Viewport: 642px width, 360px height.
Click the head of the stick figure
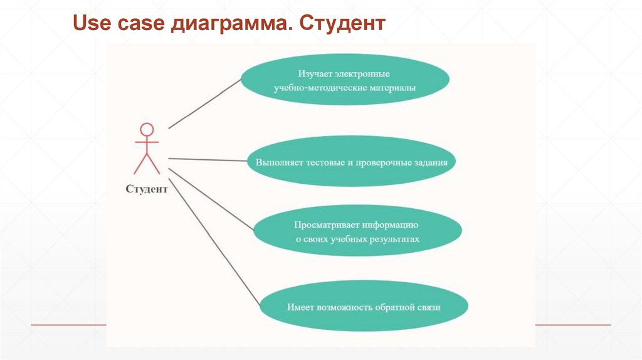tap(147, 130)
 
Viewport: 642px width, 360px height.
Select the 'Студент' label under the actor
tap(147, 189)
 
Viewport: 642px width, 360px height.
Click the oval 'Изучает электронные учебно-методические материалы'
tap(345, 82)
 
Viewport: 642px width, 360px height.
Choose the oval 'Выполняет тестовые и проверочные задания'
tap(351, 161)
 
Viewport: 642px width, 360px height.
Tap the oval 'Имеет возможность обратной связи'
tap(364, 307)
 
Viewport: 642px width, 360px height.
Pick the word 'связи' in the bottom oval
tap(429, 307)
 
